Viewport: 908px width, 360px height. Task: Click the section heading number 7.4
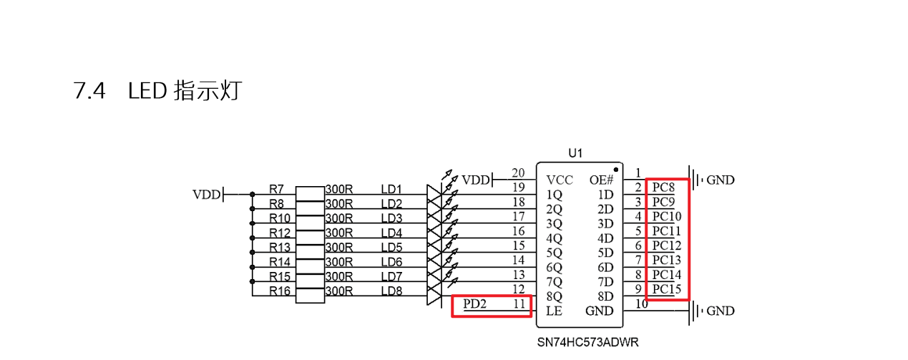click(x=89, y=91)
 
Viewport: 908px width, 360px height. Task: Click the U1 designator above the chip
click(x=576, y=152)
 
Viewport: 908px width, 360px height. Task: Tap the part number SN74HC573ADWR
click(x=589, y=342)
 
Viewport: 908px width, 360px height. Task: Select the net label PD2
click(x=474, y=304)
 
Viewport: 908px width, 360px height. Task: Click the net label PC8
click(x=663, y=188)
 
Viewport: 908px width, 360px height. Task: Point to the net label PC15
click(x=666, y=289)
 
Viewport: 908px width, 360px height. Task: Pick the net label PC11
click(x=666, y=231)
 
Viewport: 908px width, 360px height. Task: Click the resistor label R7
click(x=276, y=189)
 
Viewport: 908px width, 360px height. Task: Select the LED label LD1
click(x=391, y=189)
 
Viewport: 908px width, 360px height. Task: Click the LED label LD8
click(x=391, y=291)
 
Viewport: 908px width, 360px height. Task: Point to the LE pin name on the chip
click(x=554, y=311)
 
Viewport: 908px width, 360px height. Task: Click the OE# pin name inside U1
click(x=601, y=180)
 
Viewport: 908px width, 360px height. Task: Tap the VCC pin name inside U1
click(x=559, y=180)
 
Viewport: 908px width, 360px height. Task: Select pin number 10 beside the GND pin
click(x=641, y=304)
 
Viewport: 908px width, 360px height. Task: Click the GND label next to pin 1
click(x=720, y=180)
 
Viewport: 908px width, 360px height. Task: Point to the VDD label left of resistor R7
click(x=206, y=194)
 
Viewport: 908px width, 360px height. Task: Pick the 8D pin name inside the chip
click(x=605, y=296)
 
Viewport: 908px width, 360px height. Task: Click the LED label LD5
click(x=391, y=247)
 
